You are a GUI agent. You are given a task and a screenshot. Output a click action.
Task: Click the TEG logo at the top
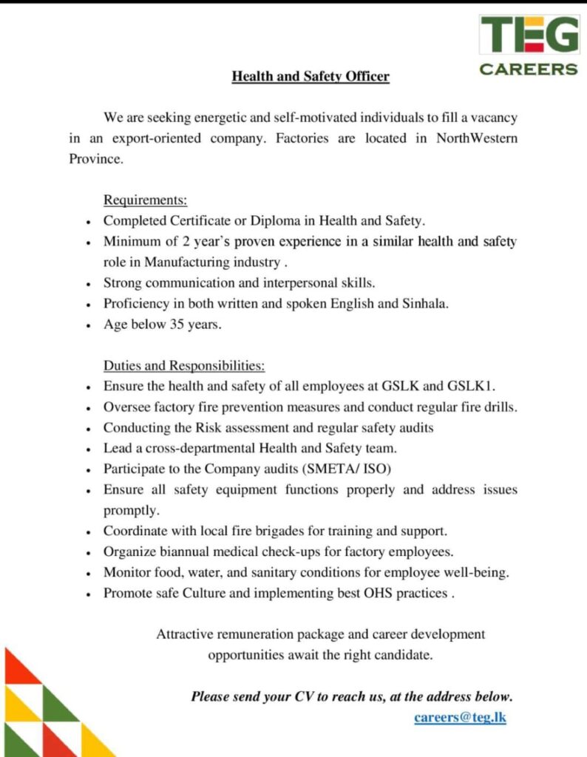click(x=529, y=34)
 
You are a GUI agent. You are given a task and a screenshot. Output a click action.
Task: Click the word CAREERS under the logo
click(x=529, y=69)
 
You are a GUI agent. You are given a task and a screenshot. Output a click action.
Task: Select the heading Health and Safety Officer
click(x=311, y=76)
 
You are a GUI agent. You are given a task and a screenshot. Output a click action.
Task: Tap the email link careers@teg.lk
click(x=460, y=717)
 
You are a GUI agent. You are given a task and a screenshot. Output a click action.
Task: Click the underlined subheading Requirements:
click(x=145, y=200)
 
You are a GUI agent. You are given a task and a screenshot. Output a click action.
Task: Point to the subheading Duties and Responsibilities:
click(x=184, y=366)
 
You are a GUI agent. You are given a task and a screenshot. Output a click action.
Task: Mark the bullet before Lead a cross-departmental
click(x=89, y=449)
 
